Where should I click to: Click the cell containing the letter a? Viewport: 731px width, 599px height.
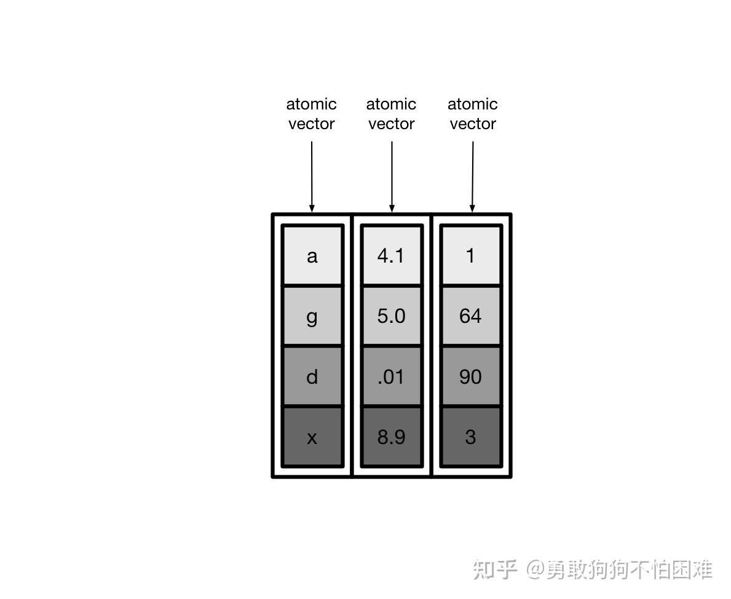pyautogui.click(x=312, y=255)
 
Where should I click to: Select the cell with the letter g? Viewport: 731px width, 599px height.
pyautogui.click(x=312, y=315)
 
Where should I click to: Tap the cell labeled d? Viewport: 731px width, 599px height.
pyautogui.click(x=312, y=376)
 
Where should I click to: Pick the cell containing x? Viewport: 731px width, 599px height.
pyautogui.click(x=312, y=436)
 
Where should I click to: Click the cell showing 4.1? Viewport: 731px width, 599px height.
pyautogui.click(x=392, y=255)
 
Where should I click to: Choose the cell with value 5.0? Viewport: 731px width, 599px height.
pyautogui.click(x=392, y=315)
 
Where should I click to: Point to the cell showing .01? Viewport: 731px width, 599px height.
pyautogui.click(x=392, y=376)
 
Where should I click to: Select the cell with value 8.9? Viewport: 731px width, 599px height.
pyautogui.click(x=392, y=436)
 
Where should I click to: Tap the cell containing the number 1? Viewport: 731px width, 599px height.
pyautogui.click(x=471, y=255)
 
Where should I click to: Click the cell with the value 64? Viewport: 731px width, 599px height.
pyautogui.click(x=471, y=315)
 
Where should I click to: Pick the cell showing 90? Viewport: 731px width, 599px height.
pyautogui.click(x=471, y=376)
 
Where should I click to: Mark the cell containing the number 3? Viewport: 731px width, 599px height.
pyautogui.click(x=471, y=436)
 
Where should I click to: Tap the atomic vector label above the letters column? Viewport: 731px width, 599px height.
pyautogui.click(x=312, y=114)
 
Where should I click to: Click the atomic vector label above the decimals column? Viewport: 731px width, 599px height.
pyautogui.click(x=392, y=114)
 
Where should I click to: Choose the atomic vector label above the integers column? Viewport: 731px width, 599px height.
pyautogui.click(x=472, y=114)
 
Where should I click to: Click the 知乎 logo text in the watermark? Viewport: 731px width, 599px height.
pyautogui.click(x=495, y=569)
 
